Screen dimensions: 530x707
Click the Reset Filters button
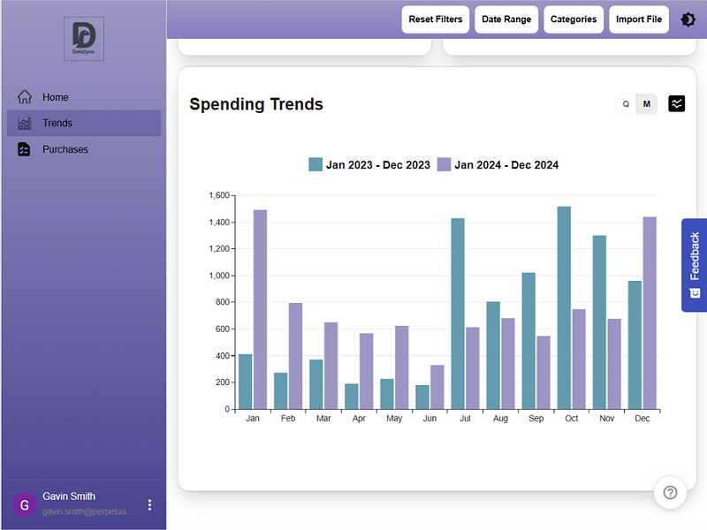coord(435,19)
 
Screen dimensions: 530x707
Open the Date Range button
coord(506,19)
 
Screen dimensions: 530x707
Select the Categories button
coord(574,19)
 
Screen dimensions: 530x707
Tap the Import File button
coord(639,19)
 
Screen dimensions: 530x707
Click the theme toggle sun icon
coord(688,19)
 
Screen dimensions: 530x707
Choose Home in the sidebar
coord(55,97)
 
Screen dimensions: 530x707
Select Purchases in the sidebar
coord(65,149)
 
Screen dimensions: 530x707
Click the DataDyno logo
coord(84,39)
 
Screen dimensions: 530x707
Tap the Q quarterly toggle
coord(626,104)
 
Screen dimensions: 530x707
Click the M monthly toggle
coord(647,104)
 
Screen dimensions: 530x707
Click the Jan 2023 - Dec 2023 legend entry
coord(369,164)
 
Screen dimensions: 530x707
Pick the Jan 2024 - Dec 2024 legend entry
coord(498,164)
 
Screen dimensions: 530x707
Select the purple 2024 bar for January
coord(260,309)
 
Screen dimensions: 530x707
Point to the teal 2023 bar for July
coord(458,314)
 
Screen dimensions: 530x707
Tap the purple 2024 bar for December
coord(650,313)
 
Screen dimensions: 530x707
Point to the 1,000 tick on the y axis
coord(217,276)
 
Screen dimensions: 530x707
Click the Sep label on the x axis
coord(536,419)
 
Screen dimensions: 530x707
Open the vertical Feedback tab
coord(694,265)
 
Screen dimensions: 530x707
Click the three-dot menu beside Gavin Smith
coord(149,504)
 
